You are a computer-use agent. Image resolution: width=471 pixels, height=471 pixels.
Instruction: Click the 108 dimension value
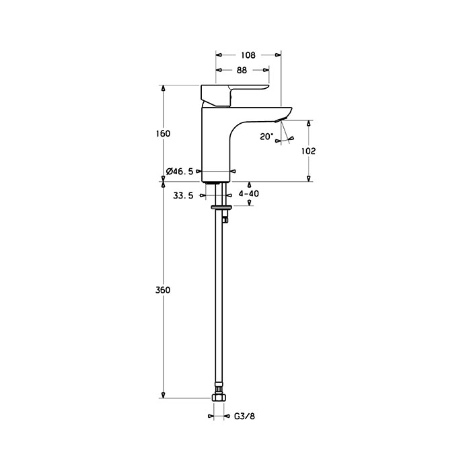pyautogui.click(x=248, y=55)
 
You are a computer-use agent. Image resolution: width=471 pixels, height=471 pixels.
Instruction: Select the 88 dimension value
pyautogui.click(x=242, y=70)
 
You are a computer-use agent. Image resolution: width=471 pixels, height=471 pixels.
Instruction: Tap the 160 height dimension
pyautogui.click(x=163, y=133)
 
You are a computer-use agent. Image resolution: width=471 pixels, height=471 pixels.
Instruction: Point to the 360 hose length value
pyautogui.click(x=163, y=290)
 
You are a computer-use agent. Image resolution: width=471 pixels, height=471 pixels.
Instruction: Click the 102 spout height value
pyautogui.click(x=308, y=151)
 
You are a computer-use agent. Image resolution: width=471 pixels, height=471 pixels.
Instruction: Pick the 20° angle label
pyautogui.click(x=266, y=137)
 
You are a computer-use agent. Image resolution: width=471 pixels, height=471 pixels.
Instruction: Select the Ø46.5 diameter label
pyautogui.click(x=180, y=172)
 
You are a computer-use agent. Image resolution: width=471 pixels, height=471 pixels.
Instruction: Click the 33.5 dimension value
pyautogui.click(x=183, y=196)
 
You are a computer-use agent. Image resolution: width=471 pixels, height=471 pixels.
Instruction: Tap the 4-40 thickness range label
pyautogui.click(x=248, y=194)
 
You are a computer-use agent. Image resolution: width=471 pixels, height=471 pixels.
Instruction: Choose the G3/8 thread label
pyautogui.click(x=244, y=416)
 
